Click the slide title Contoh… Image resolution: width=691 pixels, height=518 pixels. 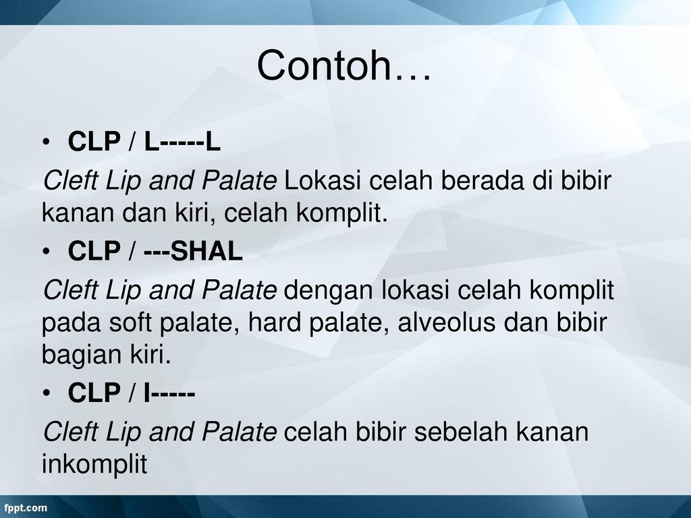coord(343,65)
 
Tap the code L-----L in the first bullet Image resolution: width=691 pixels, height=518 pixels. coord(182,142)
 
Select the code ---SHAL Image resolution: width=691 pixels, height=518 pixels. coord(193,251)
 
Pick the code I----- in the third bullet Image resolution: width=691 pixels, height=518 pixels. coord(169,393)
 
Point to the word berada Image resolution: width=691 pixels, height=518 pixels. coord(482,180)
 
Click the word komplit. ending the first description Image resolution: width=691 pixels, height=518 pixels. coord(341,214)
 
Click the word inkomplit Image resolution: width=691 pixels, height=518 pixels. coord(94,464)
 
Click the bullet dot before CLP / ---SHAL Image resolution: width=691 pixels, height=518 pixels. coord(47,252)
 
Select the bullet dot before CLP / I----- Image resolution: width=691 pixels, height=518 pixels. coord(47,393)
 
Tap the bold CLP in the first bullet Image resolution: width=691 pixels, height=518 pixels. coord(94,142)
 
